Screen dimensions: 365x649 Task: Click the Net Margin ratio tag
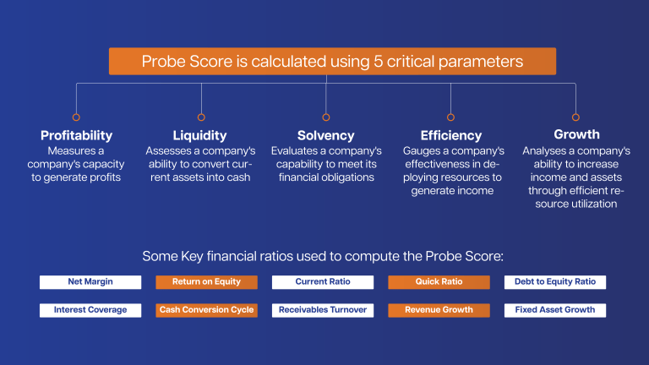pyautogui.click(x=91, y=282)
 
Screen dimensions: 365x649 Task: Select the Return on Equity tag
pyautogui.click(x=206, y=282)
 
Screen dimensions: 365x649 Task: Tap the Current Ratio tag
pyautogui.click(x=323, y=282)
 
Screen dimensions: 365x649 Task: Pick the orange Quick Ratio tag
pyautogui.click(x=439, y=282)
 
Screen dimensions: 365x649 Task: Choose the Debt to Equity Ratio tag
pyautogui.click(x=554, y=282)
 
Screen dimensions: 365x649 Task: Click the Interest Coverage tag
pyautogui.click(x=90, y=310)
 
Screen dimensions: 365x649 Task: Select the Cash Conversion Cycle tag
pyautogui.click(x=206, y=310)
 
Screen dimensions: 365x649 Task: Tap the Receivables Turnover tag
pyautogui.click(x=323, y=310)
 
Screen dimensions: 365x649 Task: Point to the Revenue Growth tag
pyautogui.click(x=439, y=310)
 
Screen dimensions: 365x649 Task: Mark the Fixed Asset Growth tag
pyautogui.click(x=554, y=310)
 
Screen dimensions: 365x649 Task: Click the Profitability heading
pyautogui.click(x=76, y=135)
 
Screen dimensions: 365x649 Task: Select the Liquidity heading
pyautogui.click(x=200, y=135)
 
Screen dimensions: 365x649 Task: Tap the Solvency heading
pyautogui.click(x=325, y=135)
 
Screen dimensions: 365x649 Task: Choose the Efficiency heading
pyautogui.click(x=450, y=135)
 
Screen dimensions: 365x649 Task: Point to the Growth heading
pyautogui.click(x=576, y=134)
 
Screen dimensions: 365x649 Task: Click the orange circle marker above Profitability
pyautogui.click(x=76, y=117)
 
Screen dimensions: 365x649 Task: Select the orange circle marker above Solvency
pyautogui.click(x=325, y=117)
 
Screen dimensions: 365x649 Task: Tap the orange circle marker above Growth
pyautogui.click(x=575, y=117)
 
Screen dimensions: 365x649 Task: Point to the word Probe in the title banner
pyautogui.click(x=164, y=62)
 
